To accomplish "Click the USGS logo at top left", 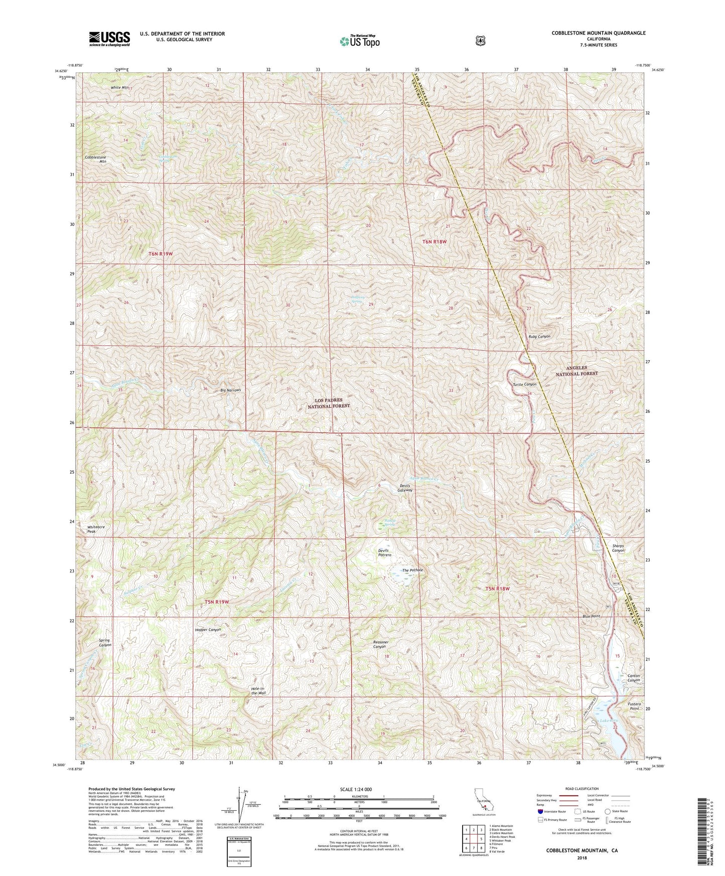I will (109, 39).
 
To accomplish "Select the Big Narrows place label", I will (231, 390).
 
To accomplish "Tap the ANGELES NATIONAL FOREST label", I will (576, 370).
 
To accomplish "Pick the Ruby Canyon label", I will (539, 337).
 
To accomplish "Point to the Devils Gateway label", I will (406, 487).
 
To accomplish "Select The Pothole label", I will (413, 570).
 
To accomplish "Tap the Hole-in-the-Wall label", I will (258, 691).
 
